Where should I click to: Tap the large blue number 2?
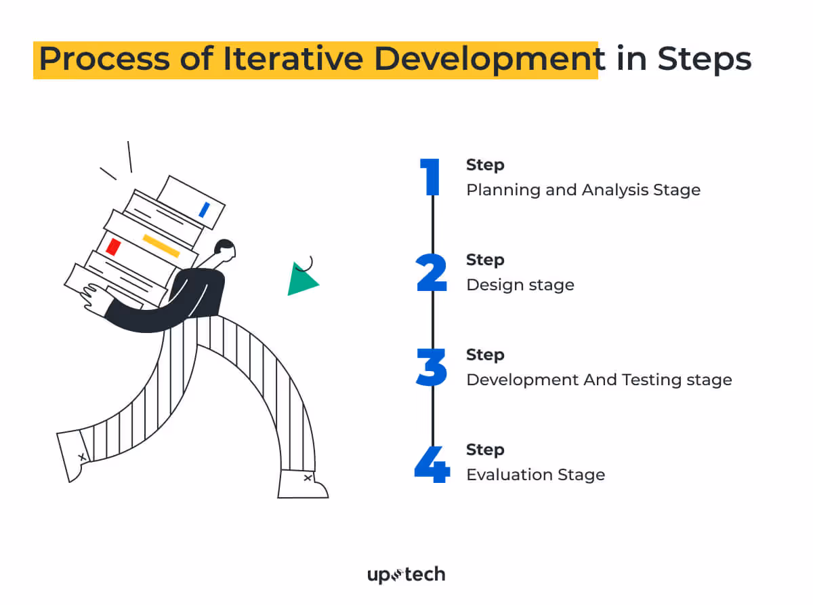pos(432,273)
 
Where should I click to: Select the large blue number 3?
pos(432,368)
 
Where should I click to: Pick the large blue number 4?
pos(432,464)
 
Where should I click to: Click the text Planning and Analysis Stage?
pos(583,190)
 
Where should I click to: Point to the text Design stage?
pos(520,285)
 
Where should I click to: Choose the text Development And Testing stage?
pos(599,380)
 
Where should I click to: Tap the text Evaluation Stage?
pos(535,475)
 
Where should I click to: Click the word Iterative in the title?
pos(293,59)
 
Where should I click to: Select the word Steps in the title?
pos(704,60)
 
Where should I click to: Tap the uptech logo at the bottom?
pos(406,575)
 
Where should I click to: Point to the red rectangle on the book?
pos(114,247)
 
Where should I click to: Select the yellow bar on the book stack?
pos(161,246)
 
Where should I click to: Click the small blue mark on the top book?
pos(204,210)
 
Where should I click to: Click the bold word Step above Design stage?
pos(485,260)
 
